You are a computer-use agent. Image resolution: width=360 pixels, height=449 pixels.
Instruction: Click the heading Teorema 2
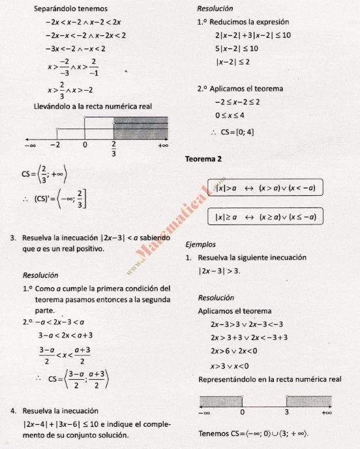(x=203, y=159)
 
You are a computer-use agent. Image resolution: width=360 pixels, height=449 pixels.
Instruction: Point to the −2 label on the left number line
(x=57, y=145)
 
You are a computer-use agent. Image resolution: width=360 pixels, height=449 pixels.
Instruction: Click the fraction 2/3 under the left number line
(x=113, y=149)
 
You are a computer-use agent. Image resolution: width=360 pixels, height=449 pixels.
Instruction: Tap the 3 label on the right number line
(x=286, y=412)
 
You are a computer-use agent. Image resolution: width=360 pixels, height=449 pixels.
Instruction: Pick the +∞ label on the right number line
(x=327, y=412)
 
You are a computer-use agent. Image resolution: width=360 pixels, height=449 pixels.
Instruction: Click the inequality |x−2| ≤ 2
(x=233, y=62)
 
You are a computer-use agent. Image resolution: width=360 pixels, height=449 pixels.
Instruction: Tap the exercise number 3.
(x=13, y=238)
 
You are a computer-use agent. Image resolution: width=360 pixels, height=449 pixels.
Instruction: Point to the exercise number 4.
(x=13, y=411)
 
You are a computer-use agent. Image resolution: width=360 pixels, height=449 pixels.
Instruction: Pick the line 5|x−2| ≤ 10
(x=236, y=48)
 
